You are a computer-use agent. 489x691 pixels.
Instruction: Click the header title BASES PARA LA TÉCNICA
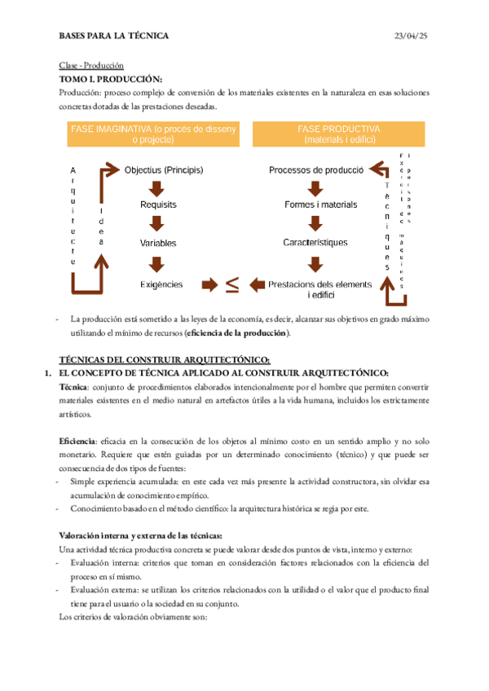pyautogui.click(x=114, y=36)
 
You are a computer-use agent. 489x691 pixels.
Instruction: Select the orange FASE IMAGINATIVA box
pyautogui.click(x=153, y=134)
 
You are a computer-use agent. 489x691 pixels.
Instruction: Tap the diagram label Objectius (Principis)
pyautogui.click(x=164, y=170)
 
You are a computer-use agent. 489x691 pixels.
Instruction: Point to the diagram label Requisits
pyautogui.click(x=158, y=205)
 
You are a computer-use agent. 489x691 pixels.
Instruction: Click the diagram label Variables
pyautogui.click(x=158, y=243)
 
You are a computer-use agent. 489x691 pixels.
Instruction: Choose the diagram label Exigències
pyautogui.click(x=161, y=284)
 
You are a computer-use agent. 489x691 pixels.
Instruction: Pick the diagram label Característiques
pyautogui.click(x=315, y=242)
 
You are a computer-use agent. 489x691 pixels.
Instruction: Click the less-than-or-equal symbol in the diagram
pyautogui.click(x=232, y=284)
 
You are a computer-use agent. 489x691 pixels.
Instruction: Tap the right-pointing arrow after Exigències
pyautogui.click(x=209, y=284)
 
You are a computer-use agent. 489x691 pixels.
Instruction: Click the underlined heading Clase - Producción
pyautogui.click(x=90, y=65)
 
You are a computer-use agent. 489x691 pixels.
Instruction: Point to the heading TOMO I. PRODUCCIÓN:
pyautogui.click(x=111, y=79)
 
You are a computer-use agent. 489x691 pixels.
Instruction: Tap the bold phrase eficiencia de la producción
pyautogui.click(x=236, y=332)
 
